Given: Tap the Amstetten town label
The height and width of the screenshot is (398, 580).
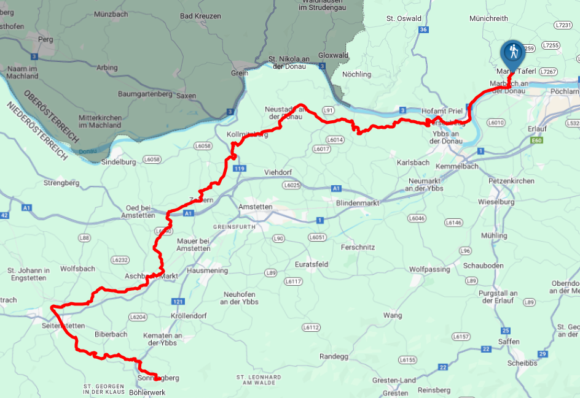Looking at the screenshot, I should point(255,207).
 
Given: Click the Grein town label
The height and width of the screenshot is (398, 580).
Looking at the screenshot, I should point(240,73).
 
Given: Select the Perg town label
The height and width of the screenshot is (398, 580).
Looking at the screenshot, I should point(46,39).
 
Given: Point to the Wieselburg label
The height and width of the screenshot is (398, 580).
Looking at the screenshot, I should point(496,201).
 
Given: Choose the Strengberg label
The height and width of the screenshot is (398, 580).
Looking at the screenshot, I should point(62,183).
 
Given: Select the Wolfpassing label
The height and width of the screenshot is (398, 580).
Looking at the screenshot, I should point(429,269).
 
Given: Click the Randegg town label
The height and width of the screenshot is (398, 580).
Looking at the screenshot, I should point(334,356).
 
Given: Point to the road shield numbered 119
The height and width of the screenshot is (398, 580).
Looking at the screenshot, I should point(240,168).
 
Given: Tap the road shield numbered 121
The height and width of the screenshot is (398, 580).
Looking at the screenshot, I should point(178,301).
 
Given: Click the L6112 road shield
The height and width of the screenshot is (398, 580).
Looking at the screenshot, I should point(311,327).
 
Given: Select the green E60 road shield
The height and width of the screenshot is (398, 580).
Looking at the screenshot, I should point(538,140).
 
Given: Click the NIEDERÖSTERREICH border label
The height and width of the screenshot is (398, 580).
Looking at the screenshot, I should point(37,132).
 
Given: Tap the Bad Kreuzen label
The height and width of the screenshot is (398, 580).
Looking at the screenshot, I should point(200,16).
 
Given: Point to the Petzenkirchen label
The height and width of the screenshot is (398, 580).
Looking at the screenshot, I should point(511,182).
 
